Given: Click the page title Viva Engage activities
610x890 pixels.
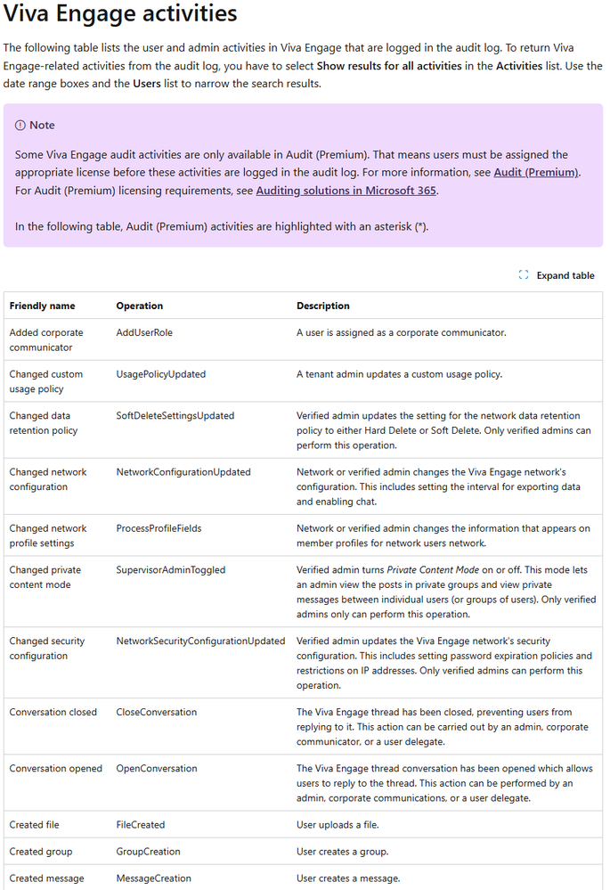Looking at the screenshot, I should (x=120, y=14).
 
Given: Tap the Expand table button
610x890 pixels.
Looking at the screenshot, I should (x=557, y=275).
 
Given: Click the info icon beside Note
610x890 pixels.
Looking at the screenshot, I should (x=20, y=126).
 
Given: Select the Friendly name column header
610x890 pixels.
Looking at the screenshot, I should (x=42, y=306).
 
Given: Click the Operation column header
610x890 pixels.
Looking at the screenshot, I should (x=140, y=306).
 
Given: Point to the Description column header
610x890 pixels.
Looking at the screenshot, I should (x=323, y=306).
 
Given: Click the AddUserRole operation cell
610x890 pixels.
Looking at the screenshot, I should (x=144, y=332).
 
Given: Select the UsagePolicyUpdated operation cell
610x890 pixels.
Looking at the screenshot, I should (x=161, y=374).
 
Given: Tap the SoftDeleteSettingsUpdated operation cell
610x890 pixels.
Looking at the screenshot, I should (x=175, y=415).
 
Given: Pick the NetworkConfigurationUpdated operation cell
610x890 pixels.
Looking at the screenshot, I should (x=183, y=472).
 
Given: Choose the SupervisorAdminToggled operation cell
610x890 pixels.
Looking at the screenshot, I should (x=171, y=570).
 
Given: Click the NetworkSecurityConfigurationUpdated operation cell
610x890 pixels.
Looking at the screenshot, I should (x=200, y=641).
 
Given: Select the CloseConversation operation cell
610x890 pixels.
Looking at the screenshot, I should (x=157, y=712).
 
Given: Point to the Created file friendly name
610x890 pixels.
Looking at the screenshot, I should (x=35, y=825).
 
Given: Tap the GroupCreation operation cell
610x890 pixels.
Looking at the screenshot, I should (x=148, y=852).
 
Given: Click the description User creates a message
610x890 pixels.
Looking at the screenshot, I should (x=348, y=878).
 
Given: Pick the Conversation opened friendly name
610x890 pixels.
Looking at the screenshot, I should (x=56, y=768).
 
